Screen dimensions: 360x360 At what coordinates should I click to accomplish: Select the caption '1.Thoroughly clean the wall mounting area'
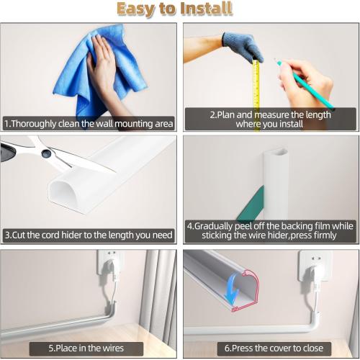click(x=89, y=123)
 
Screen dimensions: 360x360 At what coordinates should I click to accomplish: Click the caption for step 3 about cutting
click(x=89, y=235)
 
